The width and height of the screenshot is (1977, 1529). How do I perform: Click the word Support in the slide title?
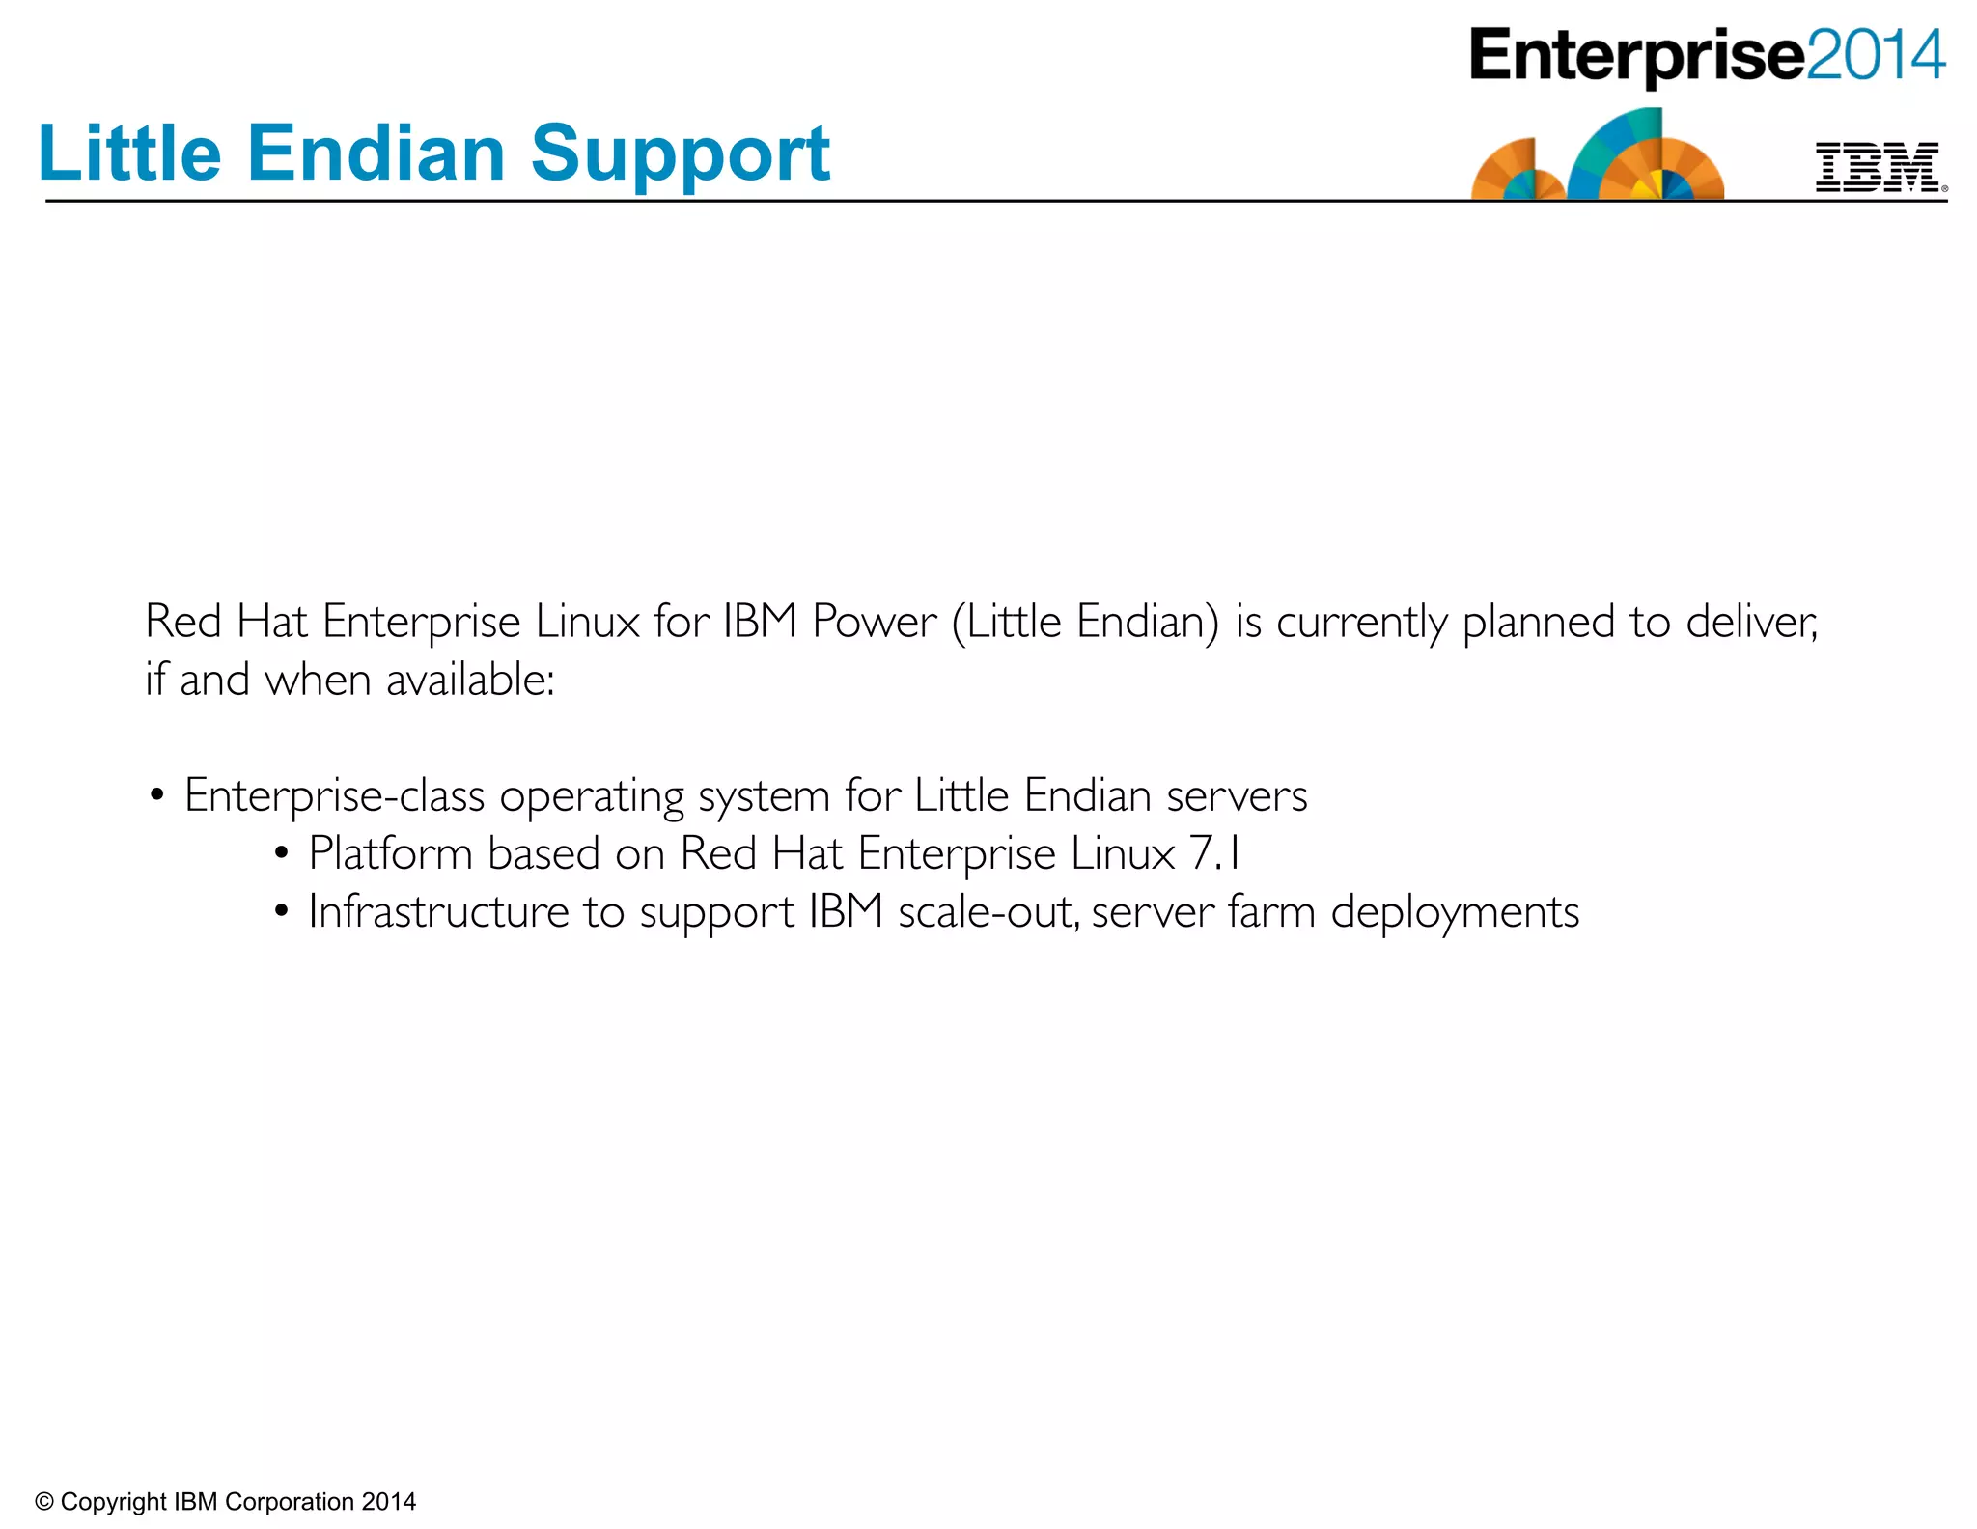[x=680, y=154]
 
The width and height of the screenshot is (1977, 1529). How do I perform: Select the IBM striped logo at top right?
[x=1878, y=166]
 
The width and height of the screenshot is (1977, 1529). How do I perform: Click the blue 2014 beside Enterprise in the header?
[x=1875, y=55]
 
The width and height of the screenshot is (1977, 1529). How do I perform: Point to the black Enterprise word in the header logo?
[x=1636, y=56]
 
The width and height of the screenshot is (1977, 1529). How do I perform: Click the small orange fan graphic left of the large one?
[x=1516, y=172]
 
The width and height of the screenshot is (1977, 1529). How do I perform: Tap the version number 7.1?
[x=1214, y=853]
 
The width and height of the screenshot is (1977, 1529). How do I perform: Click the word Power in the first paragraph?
[x=874, y=622]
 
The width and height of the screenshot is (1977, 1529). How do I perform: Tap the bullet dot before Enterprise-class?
[x=157, y=796]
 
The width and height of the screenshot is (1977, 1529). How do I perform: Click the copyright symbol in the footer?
[x=43, y=1502]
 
